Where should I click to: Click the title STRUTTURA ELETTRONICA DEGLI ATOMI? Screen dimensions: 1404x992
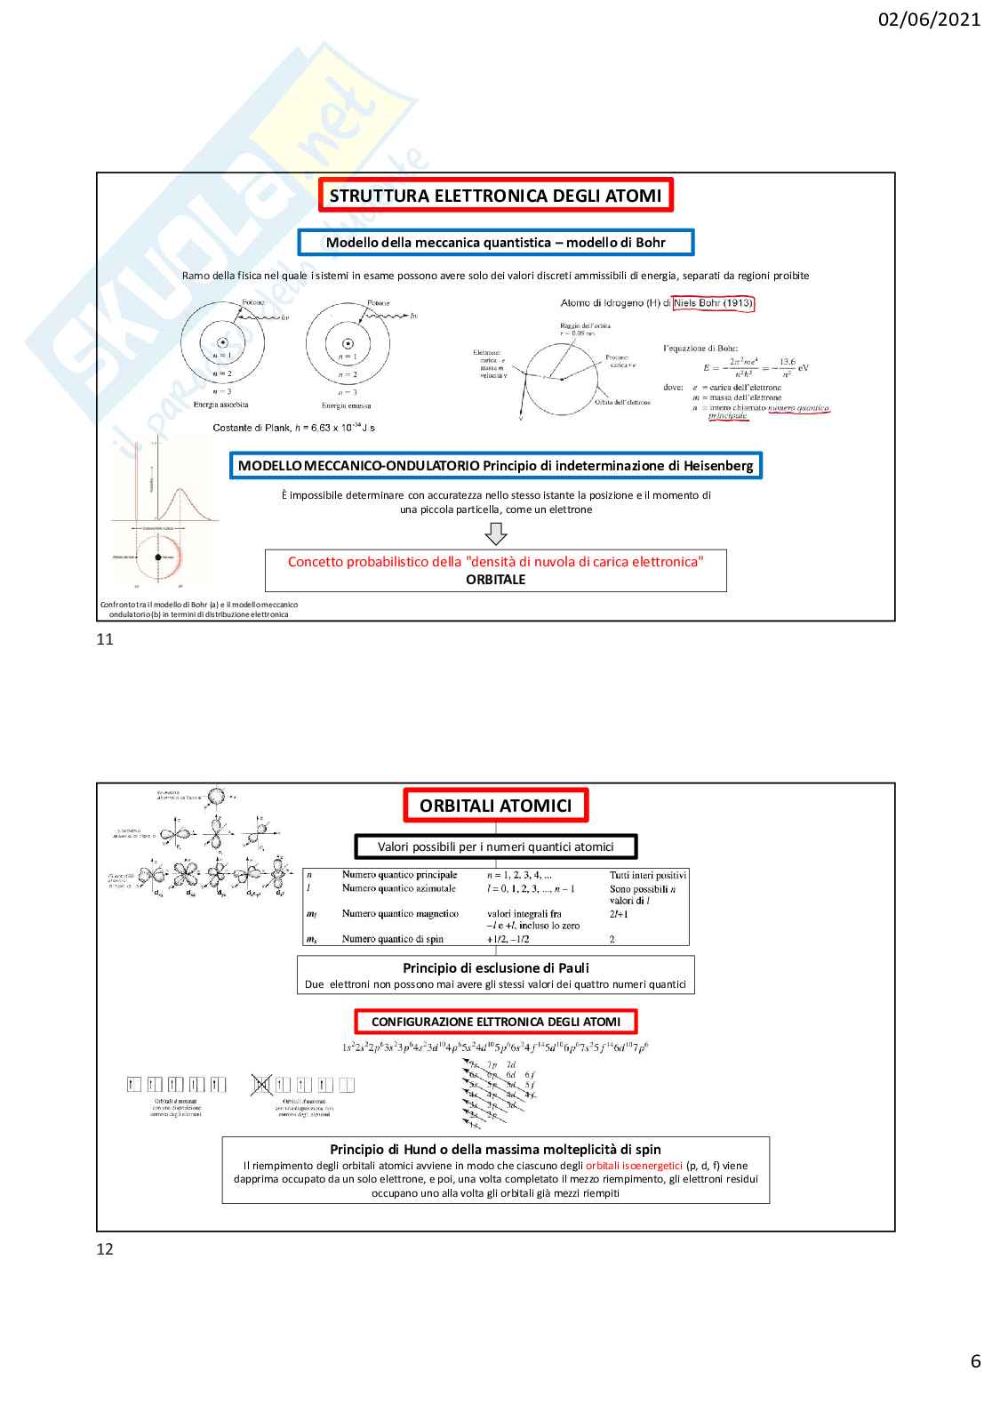[495, 196]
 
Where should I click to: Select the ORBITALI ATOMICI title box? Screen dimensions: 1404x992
[495, 806]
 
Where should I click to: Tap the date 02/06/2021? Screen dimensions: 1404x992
[928, 20]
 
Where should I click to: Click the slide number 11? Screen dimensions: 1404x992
[105, 638]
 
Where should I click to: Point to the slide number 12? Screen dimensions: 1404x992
[105, 1248]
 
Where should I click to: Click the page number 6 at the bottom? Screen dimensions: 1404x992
[975, 1361]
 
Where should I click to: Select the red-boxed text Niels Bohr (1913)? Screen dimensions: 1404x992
[713, 303]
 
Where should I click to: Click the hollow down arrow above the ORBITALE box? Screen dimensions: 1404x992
[496, 534]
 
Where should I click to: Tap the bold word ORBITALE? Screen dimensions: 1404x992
[495, 580]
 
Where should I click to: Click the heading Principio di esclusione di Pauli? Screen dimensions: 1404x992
[495, 967]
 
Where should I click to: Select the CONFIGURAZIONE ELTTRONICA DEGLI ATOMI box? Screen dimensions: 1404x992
[495, 1022]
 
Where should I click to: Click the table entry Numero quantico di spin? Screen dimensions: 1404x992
[392, 939]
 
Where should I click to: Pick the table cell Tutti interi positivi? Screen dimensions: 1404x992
[648, 875]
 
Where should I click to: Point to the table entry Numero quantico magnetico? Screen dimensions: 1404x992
[400, 913]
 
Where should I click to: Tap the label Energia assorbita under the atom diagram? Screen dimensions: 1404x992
[220, 405]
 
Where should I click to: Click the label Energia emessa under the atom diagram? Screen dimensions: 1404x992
[347, 405]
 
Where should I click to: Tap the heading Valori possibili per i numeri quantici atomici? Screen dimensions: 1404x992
[495, 847]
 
